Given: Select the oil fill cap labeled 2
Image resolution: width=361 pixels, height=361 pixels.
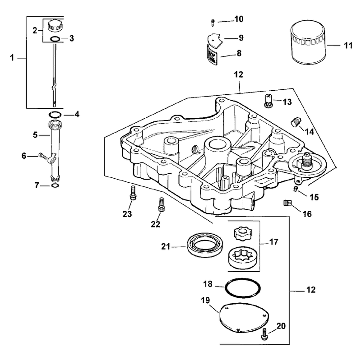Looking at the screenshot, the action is point(55,26).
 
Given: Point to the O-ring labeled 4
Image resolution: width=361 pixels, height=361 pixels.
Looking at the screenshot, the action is point(55,114).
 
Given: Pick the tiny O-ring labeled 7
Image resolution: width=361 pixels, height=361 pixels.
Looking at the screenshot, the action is point(55,185).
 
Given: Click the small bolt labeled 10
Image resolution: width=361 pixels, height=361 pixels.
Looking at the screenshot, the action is point(213,22).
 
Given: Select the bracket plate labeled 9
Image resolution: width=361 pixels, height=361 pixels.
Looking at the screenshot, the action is point(215,41).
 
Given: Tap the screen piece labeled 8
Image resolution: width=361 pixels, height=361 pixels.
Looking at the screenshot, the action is point(212,55).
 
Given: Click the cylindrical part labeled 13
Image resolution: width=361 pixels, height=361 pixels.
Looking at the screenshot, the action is point(268,101).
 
